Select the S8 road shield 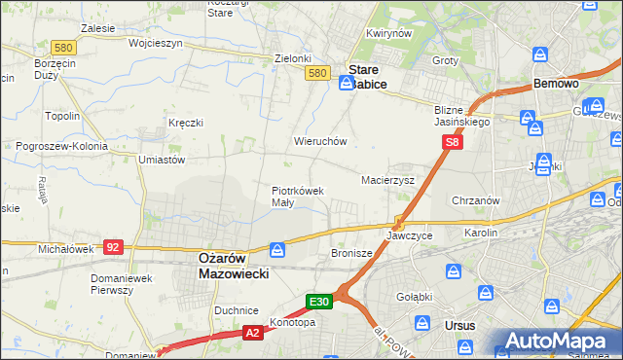(452, 143)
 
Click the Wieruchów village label (320, 141)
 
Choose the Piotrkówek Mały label (296, 197)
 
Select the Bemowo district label (557, 85)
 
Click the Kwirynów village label (385, 33)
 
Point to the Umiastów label (162, 160)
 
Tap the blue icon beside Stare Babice (346, 85)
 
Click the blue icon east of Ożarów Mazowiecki (278, 251)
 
